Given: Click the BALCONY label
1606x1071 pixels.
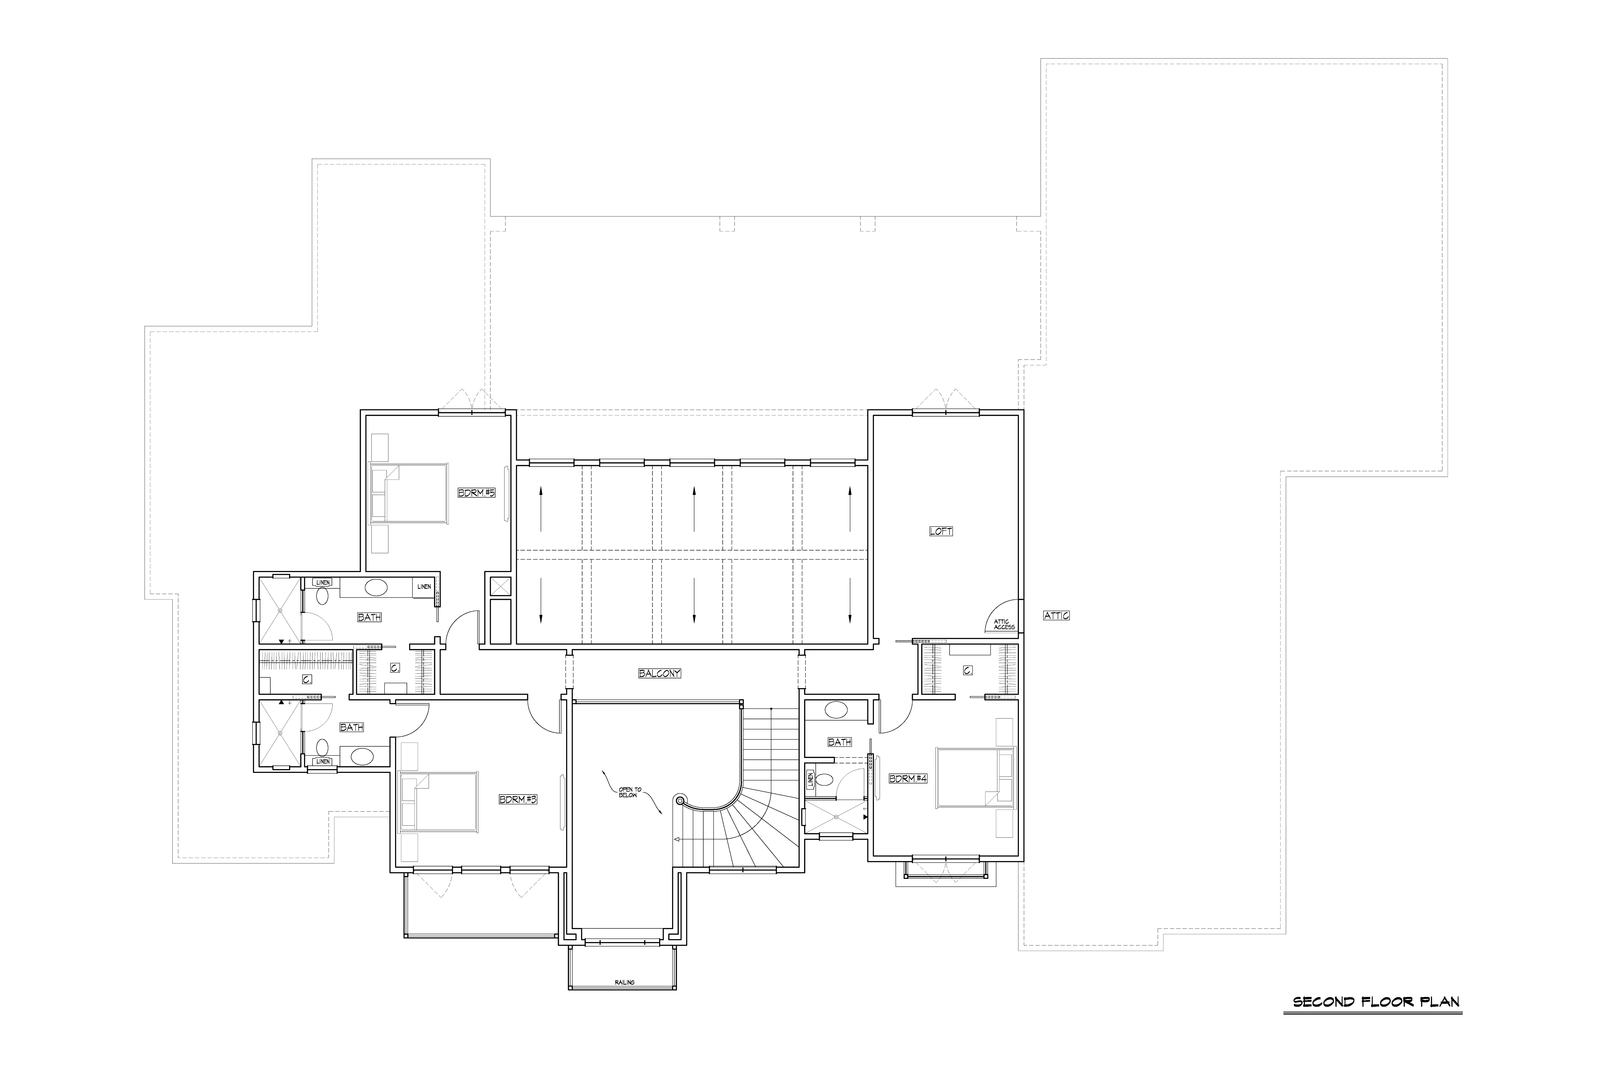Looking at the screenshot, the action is [x=659, y=673].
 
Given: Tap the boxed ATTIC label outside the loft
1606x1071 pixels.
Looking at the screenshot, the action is [x=1056, y=615].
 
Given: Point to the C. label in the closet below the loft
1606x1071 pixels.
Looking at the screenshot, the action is [x=968, y=671].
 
